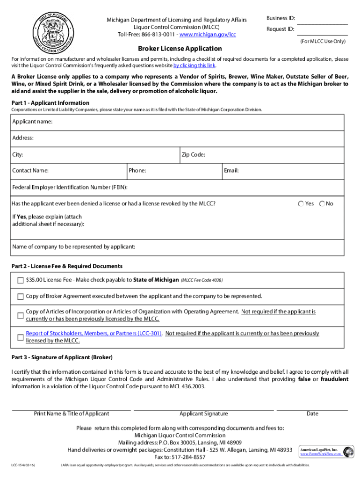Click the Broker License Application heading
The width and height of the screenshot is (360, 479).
pos(180,49)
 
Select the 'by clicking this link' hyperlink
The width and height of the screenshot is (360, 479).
pos(194,65)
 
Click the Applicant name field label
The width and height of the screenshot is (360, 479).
pos(32,122)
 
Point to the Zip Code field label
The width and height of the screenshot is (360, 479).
pos(193,154)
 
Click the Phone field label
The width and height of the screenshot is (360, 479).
pos(137,171)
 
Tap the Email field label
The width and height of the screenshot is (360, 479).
pos(231,171)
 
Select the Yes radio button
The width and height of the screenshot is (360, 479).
pos(301,204)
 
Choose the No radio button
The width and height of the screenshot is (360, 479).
pos(322,204)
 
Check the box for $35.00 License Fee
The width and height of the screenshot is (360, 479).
pos(20,281)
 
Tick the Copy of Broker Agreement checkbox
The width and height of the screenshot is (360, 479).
pos(20,297)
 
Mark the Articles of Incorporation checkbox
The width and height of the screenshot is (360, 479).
pos(20,315)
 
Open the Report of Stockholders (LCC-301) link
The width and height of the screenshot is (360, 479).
pos(94,334)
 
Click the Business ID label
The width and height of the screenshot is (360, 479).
pos(281,18)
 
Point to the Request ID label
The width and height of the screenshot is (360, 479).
pos(281,29)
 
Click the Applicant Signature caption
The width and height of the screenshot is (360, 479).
pos(204,414)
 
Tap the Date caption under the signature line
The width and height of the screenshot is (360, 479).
pos(312,414)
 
